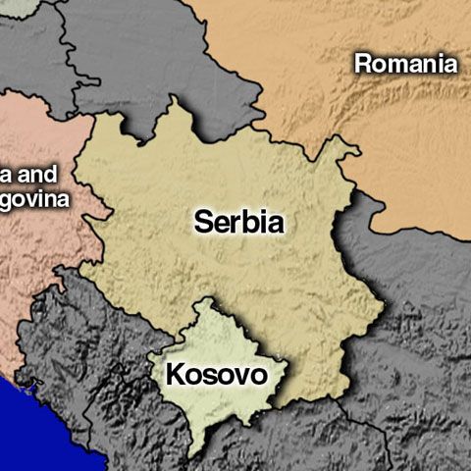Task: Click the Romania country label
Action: tap(405, 65)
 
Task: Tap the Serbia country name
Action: tap(239, 222)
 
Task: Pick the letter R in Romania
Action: tap(363, 65)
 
